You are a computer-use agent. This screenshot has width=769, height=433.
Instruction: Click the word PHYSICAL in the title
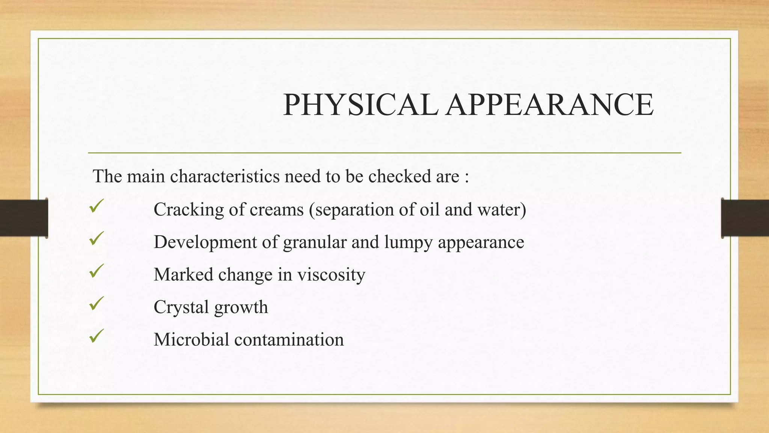(x=360, y=105)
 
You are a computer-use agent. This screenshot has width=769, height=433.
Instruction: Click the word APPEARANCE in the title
(x=550, y=105)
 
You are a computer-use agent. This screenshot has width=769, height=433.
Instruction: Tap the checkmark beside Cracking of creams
(x=97, y=206)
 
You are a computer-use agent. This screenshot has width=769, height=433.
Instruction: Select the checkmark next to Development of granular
(x=97, y=239)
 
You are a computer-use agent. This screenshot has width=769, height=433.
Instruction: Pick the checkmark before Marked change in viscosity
(x=97, y=271)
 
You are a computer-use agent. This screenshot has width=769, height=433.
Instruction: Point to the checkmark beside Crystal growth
(x=97, y=303)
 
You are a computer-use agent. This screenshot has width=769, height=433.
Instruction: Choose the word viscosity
(x=331, y=275)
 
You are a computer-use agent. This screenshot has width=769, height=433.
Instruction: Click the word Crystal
(x=181, y=307)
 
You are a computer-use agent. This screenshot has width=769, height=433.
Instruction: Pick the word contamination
(x=289, y=339)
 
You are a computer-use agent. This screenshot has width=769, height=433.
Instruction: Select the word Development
(x=205, y=242)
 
